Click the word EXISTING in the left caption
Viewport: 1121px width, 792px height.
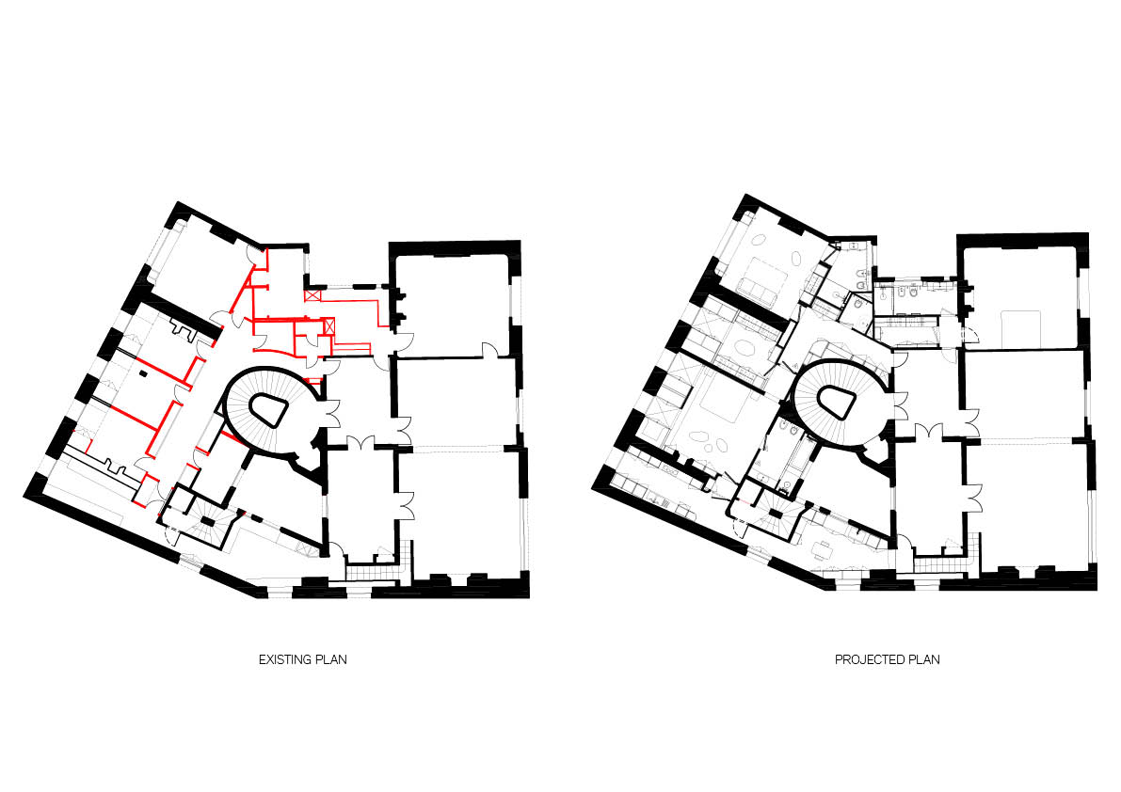click(283, 660)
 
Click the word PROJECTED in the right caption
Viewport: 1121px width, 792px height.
click(868, 660)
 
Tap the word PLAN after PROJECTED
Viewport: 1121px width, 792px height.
click(923, 660)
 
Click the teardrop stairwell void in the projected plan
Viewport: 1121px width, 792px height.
click(837, 403)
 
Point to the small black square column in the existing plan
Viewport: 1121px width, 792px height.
click(144, 372)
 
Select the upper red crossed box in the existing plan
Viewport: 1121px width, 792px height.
click(312, 294)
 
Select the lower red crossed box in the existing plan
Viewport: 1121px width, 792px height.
click(328, 326)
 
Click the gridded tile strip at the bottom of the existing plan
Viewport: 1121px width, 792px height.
click(372, 571)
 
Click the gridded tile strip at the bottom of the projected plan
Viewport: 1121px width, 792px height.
click(941, 564)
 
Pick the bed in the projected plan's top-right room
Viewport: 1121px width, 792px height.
click(1021, 327)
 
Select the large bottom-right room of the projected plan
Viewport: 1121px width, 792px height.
click(1030, 503)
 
